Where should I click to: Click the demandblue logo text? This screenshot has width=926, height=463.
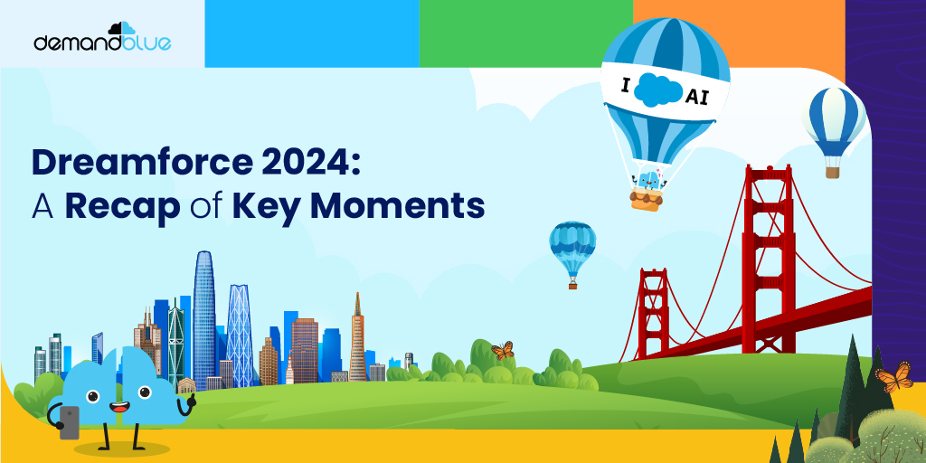[x=101, y=43]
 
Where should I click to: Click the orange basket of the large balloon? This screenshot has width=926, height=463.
[x=647, y=198]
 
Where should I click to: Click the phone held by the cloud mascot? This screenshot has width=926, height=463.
[x=69, y=421]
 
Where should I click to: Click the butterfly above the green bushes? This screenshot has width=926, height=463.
[x=502, y=350]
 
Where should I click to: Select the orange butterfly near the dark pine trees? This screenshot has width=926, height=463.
[x=893, y=376]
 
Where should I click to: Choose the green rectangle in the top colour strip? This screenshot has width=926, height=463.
[x=525, y=33]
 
